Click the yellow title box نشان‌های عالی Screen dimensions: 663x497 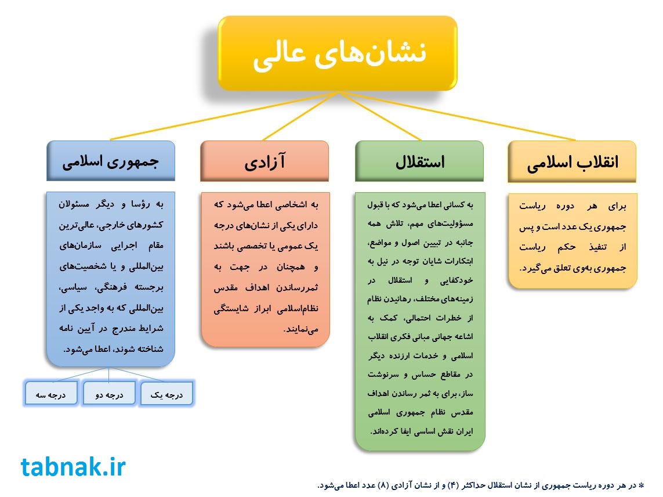coord(338,53)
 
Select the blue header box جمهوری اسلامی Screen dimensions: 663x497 coord(111,161)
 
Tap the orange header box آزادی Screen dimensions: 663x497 coord(265,161)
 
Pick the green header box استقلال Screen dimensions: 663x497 coord(419,161)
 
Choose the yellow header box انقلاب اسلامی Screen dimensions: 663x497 coord(572,162)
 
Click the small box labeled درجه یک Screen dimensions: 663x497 coord(166,394)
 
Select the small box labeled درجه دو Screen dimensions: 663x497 coord(109,394)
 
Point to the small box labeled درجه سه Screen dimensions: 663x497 coord(51,394)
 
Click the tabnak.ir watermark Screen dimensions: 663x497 coord(73,467)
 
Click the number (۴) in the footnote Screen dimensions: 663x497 coord(453,485)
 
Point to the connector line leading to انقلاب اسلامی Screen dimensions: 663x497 coord(457,116)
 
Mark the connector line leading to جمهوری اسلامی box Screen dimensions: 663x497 coord(224,116)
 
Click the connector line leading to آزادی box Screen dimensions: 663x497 coord(300,116)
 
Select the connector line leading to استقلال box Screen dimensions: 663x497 coord(380,116)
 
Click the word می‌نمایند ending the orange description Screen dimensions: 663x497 coord(301,329)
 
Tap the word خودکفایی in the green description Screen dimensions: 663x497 coord(457,280)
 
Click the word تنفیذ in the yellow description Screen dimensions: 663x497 coord(598,247)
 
